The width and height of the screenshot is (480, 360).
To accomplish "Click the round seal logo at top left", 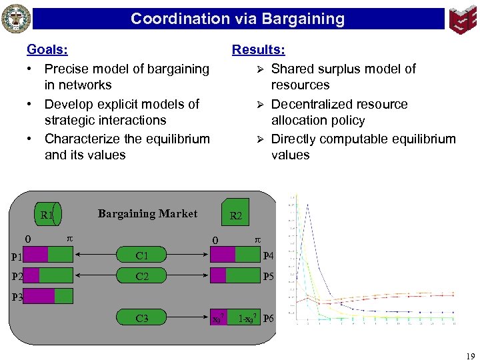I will tap(16, 19).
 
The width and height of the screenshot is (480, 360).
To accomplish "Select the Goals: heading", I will tap(47, 49).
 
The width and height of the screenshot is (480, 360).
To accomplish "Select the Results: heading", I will tap(258, 49).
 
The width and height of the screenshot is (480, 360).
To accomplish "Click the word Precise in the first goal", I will tap(67, 69).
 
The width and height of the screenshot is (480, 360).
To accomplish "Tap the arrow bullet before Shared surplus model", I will tap(261, 69).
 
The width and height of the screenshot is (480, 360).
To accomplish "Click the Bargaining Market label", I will tap(147, 213).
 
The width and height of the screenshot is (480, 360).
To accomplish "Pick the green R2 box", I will tap(236, 213).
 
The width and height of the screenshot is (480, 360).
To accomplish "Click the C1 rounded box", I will tap(142, 255).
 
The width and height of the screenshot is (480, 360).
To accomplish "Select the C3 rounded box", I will tap(142, 319).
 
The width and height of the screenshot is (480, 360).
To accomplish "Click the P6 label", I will tap(269, 319).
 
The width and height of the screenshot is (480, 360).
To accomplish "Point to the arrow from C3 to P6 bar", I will tap(186, 319).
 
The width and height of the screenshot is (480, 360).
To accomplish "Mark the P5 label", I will tap(269, 276).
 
